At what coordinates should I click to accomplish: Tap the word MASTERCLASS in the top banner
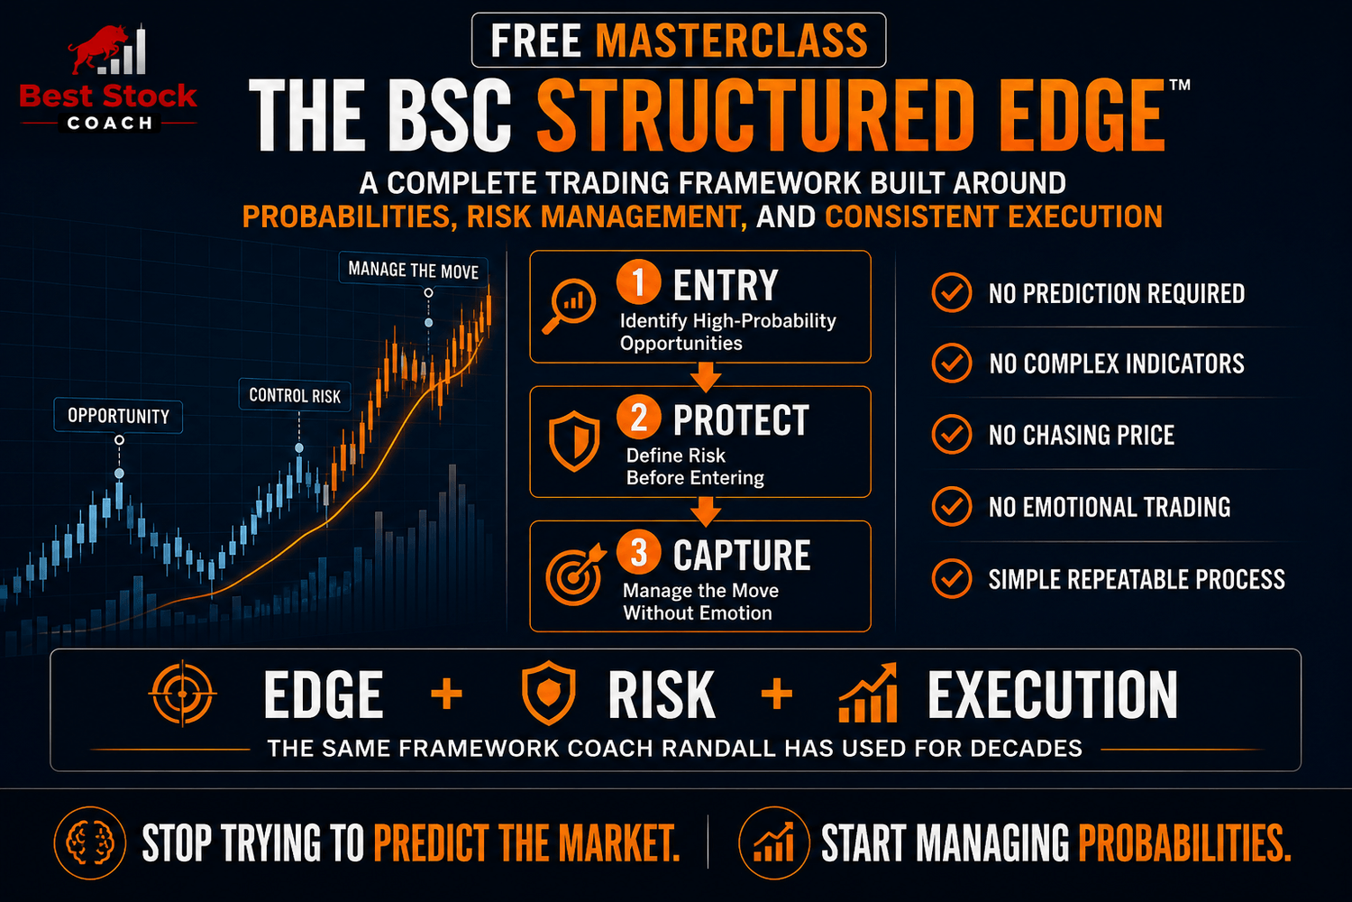point(732,41)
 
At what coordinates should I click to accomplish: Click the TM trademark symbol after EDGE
point(1180,85)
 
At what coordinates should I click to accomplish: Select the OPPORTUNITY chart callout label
point(118,416)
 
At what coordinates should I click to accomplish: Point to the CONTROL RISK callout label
point(295,395)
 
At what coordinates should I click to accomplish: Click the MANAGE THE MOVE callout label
point(414,270)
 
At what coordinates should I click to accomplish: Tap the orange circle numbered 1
point(638,281)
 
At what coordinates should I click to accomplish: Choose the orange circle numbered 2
point(638,417)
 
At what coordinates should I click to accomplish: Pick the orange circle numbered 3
point(638,552)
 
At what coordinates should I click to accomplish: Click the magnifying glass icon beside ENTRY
point(569,306)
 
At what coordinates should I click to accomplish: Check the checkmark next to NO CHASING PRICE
point(951,434)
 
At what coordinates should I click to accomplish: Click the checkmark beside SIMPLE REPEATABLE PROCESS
point(951,578)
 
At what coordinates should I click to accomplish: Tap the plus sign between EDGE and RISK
point(447,694)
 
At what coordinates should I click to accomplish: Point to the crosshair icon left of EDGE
point(182,694)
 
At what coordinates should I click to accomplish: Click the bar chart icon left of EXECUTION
point(868,693)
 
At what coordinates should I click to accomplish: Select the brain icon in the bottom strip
point(90,842)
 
